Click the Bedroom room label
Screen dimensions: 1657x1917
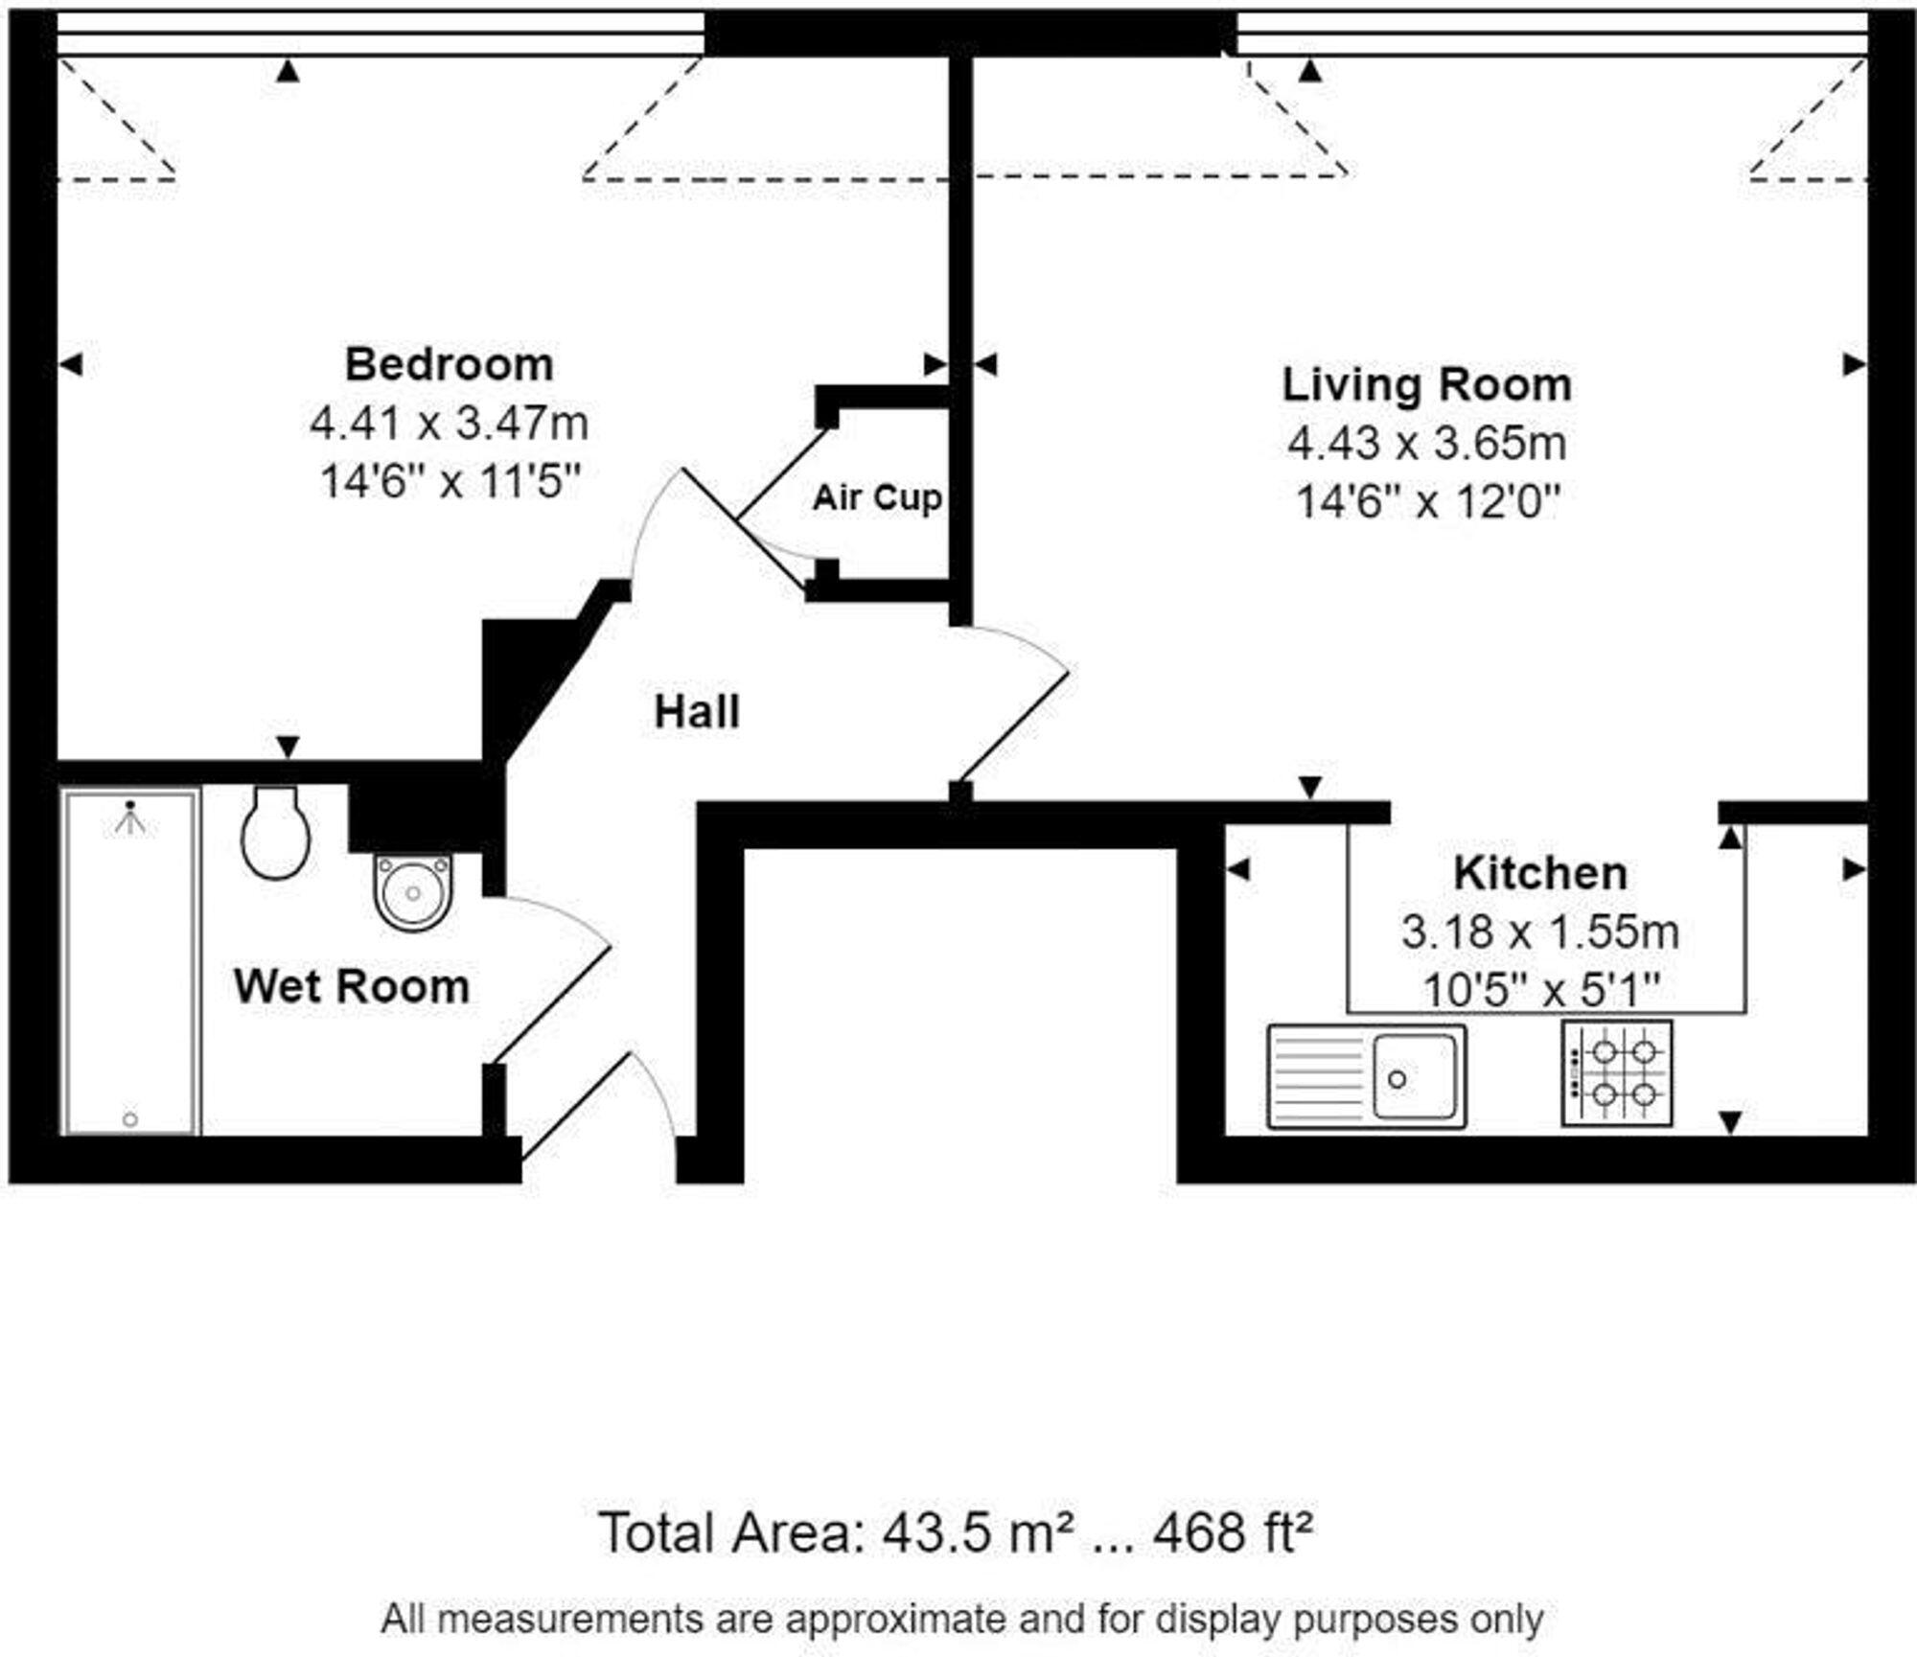point(449,365)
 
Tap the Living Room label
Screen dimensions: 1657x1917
point(1426,385)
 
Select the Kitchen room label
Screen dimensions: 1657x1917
point(1539,873)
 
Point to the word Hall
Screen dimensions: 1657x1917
point(697,713)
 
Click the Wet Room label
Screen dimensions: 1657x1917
point(352,987)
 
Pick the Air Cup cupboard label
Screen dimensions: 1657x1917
point(877,498)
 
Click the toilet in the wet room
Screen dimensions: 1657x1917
point(276,834)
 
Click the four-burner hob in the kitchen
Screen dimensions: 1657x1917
point(1617,1072)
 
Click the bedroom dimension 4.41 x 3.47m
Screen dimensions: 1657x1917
point(449,423)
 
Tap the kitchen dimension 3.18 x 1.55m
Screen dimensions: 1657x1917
point(1539,932)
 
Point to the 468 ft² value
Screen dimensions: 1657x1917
point(1232,1532)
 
